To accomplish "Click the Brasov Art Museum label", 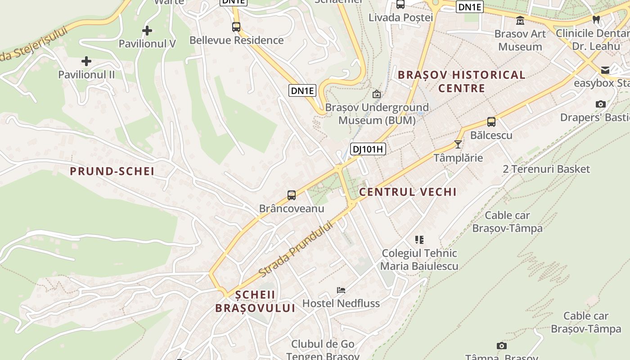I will pos(520,40).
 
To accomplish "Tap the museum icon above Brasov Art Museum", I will pos(520,21).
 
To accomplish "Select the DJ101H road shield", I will pos(368,149).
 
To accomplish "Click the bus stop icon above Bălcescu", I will pos(491,122).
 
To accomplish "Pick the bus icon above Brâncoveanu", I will pos(292,195).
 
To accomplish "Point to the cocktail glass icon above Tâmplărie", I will pos(458,144).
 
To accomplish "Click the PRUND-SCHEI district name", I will pos(112,171).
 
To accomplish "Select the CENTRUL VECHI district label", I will pos(408,192).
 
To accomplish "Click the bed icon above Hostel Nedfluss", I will pos(341,290).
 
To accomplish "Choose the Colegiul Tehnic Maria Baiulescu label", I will pos(419,260).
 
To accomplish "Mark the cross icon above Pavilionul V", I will pos(147,31).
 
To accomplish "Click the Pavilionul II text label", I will pos(86,74).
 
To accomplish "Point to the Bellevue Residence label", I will pos(236,40).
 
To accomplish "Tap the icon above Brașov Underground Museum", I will pos(377,94).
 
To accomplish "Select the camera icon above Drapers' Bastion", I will pos(600,104).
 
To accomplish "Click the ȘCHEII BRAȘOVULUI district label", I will pos(255,301).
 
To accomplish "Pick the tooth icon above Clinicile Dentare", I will pos(596,20).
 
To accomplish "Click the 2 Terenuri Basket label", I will pos(546,169).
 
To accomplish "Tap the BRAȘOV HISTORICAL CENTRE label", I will pos(462,81).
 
